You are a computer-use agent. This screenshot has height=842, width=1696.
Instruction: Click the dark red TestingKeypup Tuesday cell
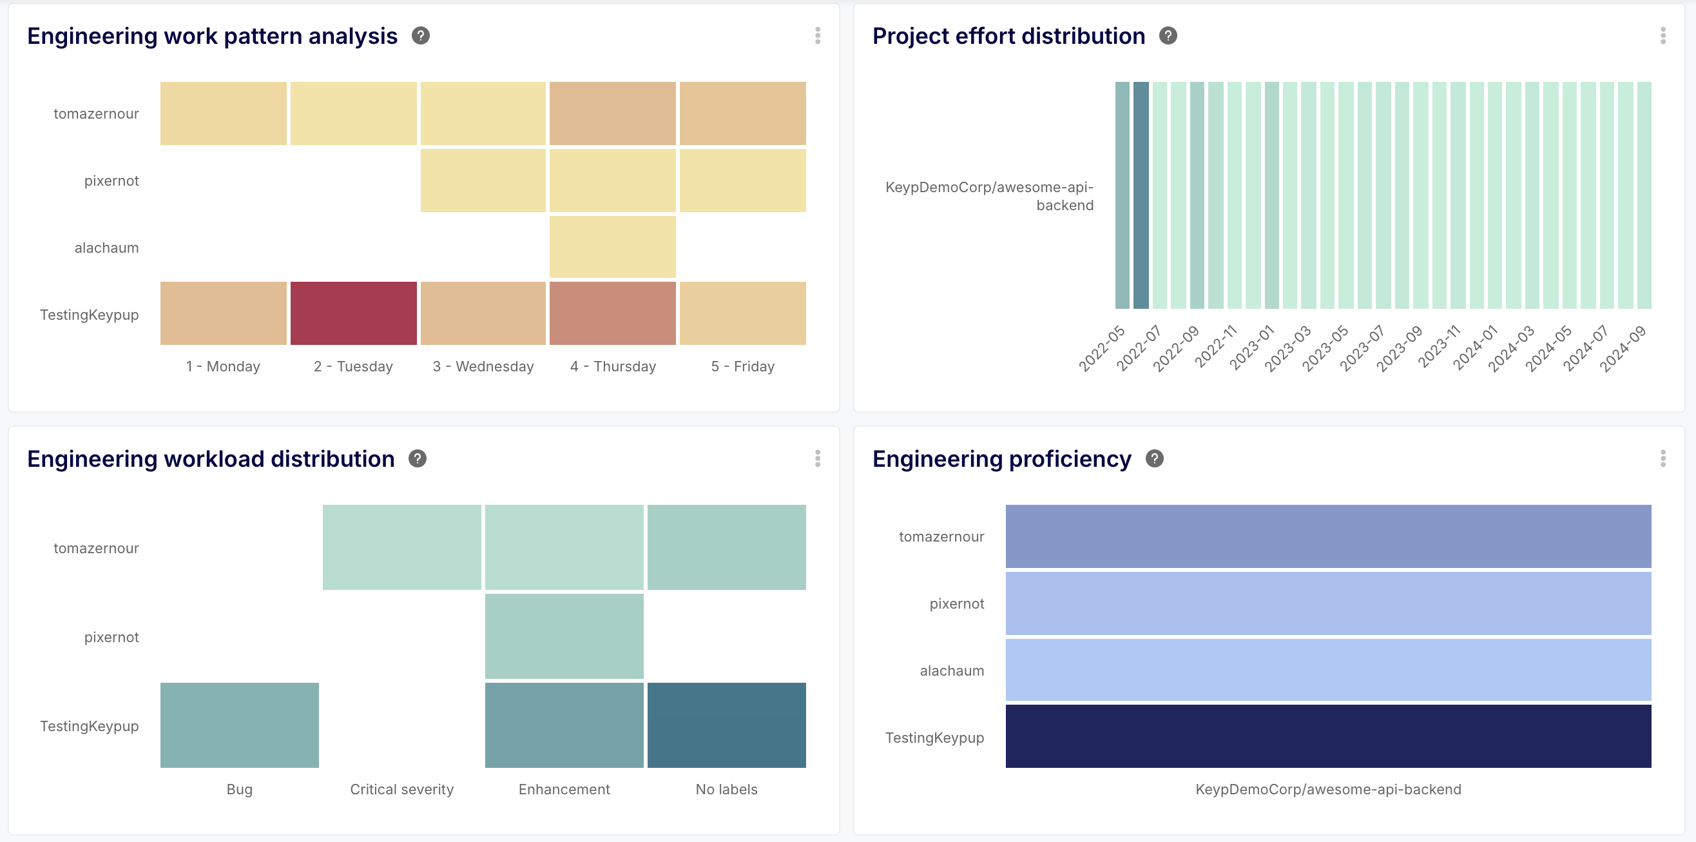pyautogui.click(x=354, y=313)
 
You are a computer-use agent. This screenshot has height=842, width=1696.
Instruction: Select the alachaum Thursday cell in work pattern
pyautogui.click(x=612, y=246)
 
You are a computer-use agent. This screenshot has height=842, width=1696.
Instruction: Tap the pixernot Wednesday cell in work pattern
pyautogui.click(x=483, y=180)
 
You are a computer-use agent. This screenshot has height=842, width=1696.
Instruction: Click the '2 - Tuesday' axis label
pyautogui.click(x=353, y=366)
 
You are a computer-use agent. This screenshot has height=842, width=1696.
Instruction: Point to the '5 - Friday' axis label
pyautogui.click(x=743, y=366)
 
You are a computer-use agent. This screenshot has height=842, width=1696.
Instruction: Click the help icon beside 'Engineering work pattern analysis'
pyautogui.click(x=421, y=35)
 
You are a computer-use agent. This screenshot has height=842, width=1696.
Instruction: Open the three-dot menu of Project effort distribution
pyautogui.click(x=1662, y=35)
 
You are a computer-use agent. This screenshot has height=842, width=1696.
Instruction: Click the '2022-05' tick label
pyautogui.click(x=1102, y=348)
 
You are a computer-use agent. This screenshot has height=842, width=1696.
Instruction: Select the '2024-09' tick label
pyautogui.click(x=1623, y=348)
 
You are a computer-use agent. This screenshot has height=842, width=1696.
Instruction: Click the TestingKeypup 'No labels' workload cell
pyautogui.click(x=726, y=725)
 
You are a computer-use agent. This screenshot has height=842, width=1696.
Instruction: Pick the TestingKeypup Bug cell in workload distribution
pyautogui.click(x=240, y=725)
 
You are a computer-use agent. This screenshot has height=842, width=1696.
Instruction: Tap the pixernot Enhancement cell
pyautogui.click(x=564, y=636)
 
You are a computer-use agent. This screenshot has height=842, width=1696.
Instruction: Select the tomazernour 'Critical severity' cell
pyautogui.click(x=401, y=547)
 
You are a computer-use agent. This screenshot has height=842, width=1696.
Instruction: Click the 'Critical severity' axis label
pyautogui.click(x=401, y=789)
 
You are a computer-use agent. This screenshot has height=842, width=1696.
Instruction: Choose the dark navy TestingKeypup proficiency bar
pyautogui.click(x=1328, y=736)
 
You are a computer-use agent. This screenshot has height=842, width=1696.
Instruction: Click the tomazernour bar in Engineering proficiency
pyautogui.click(x=1328, y=536)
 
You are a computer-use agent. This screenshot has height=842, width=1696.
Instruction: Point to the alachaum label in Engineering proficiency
pyautogui.click(x=951, y=671)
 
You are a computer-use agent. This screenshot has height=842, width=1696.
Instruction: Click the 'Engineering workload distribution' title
pyautogui.click(x=211, y=458)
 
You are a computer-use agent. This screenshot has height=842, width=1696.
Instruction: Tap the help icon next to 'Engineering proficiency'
pyautogui.click(x=1154, y=458)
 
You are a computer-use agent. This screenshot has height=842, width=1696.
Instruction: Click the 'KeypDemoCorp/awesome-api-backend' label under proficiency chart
pyautogui.click(x=1328, y=789)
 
